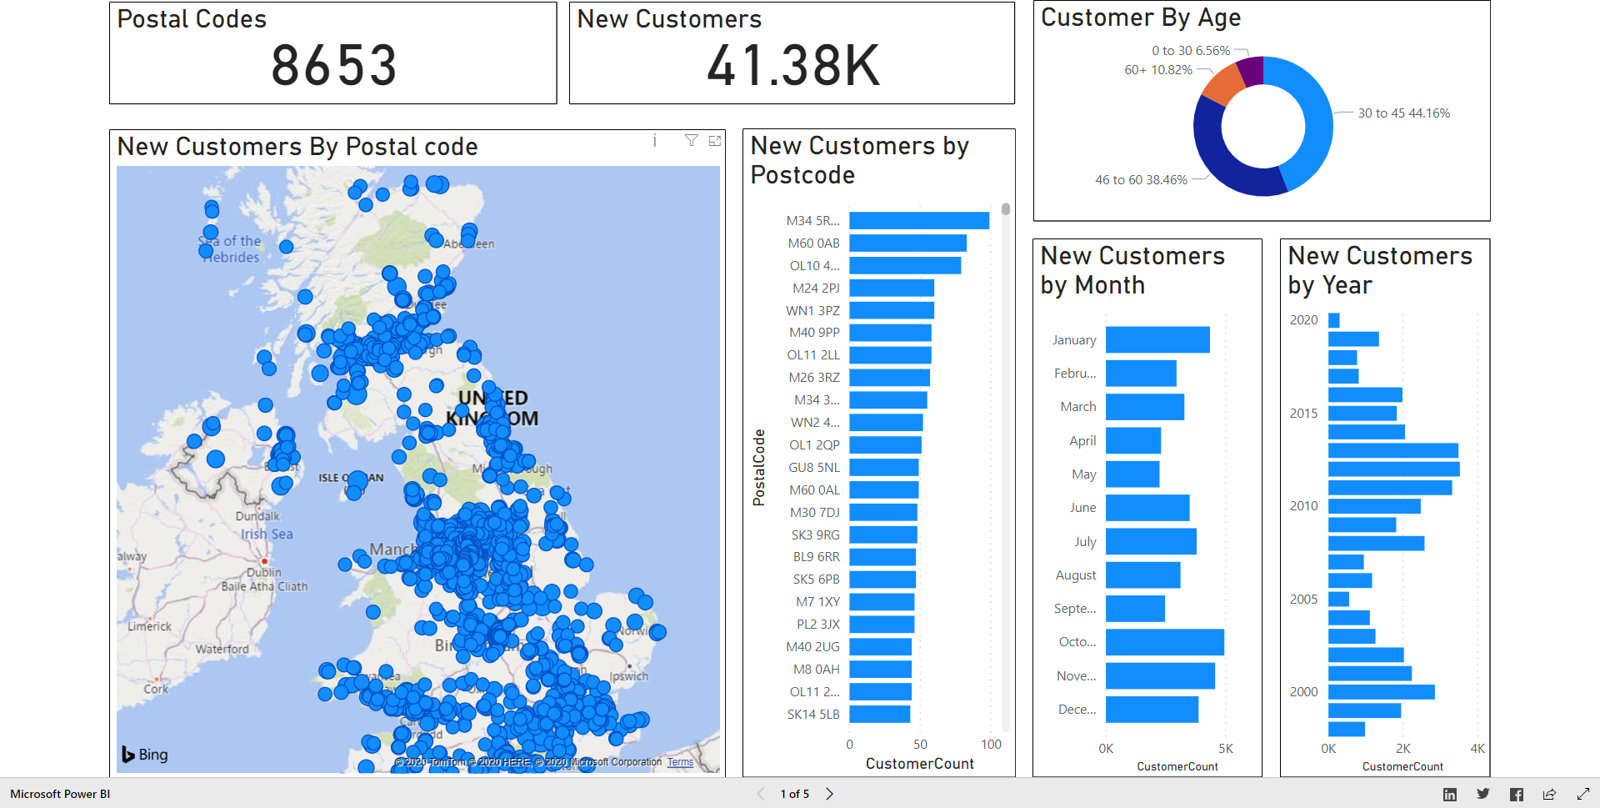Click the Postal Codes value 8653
click(333, 66)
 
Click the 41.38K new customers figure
click(792, 66)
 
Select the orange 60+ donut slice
click(1223, 84)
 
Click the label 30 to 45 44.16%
click(1403, 113)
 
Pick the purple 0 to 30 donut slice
click(1251, 72)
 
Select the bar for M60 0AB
click(907, 243)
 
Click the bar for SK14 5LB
click(879, 715)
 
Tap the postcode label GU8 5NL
click(813, 468)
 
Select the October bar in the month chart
click(1164, 642)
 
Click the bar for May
click(1132, 474)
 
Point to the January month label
click(1073, 340)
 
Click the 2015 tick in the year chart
click(1303, 414)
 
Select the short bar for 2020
click(1333, 320)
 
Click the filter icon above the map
click(691, 141)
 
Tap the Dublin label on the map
click(263, 572)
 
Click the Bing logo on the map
click(145, 755)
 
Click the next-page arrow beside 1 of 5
click(829, 794)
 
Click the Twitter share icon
click(1482, 794)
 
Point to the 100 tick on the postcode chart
click(990, 745)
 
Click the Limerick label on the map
click(149, 626)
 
